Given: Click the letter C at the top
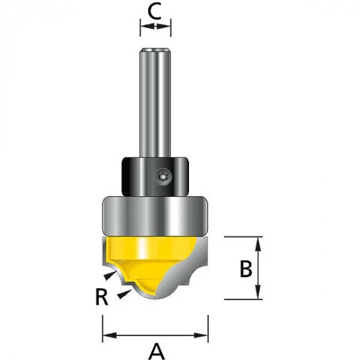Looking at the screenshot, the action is (x=154, y=12).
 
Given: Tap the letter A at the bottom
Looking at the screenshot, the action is (x=157, y=351).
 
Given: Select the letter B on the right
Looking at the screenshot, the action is (x=246, y=269).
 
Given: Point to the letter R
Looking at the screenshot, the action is (x=102, y=296).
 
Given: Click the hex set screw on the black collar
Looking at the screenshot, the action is (x=163, y=177).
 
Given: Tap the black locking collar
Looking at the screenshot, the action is (x=155, y=176).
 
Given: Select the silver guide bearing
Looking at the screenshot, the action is (x=155, y=216).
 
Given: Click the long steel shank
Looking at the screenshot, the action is (x=155, y=102).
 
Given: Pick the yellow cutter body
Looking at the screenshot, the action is (x=149, y=260).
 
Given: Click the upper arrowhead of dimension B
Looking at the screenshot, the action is (x=258, y=244).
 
